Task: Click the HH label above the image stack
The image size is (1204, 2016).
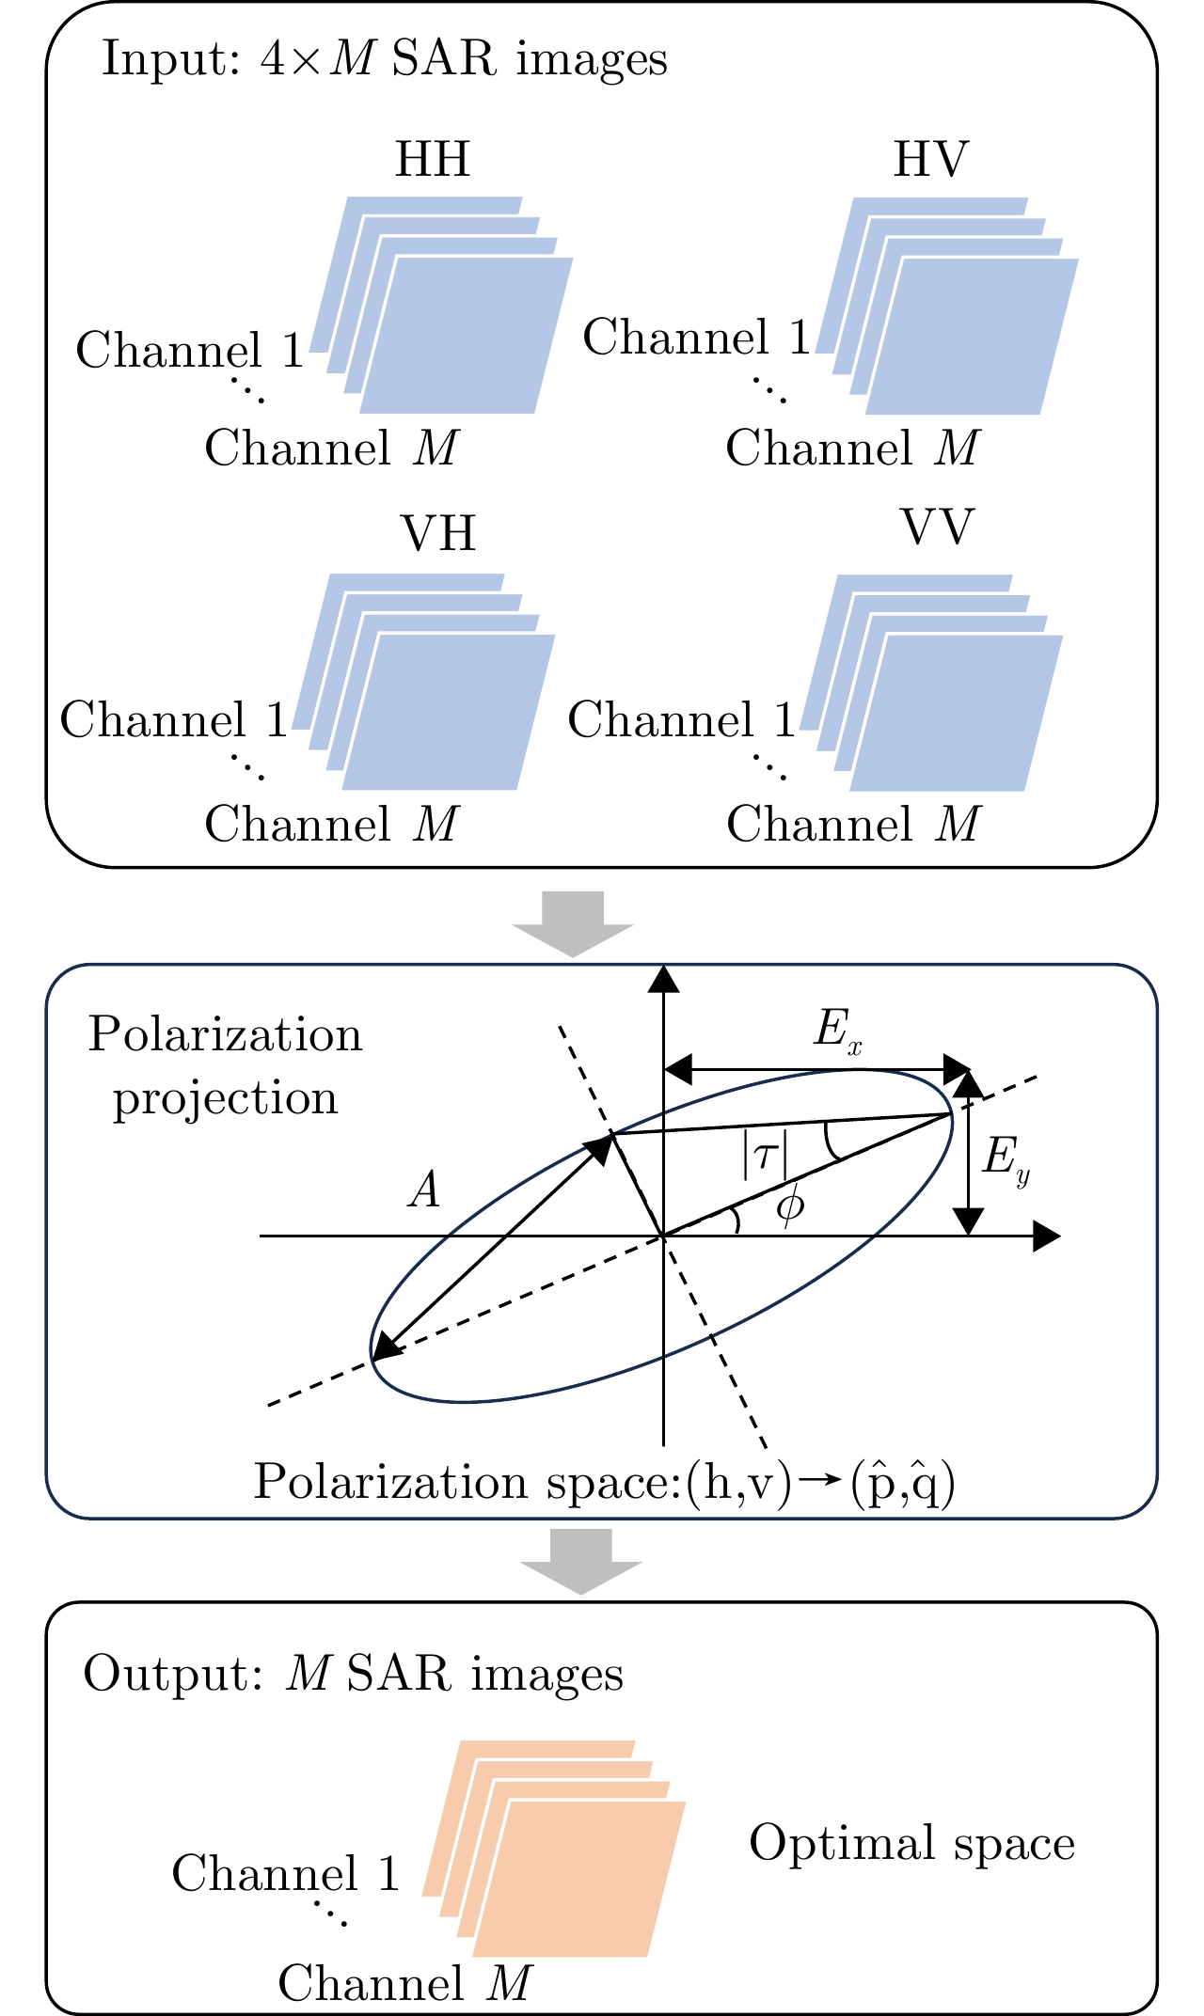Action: tap(432, 160)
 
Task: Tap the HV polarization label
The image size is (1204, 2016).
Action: tap(930, 160)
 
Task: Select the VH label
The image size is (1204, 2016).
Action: tap(439, 534)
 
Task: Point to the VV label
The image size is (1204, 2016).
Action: tap(938, 528)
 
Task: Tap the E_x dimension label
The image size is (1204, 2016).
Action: tap(837, 1032)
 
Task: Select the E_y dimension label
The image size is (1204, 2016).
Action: tap(1006, 1160)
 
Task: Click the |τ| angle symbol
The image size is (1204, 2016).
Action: tap(765, 1155)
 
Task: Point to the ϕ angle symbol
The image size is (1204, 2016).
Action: tap(790, 1205)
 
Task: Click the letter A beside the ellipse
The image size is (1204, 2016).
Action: tap(425, 1191)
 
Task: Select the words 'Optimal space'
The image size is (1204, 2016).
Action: tap(911, 1843)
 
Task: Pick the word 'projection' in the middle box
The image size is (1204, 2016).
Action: tap(225, 1099)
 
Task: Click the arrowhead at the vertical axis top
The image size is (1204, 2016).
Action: tap(664, 979)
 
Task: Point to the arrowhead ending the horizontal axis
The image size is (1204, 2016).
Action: tap(1047, 1236)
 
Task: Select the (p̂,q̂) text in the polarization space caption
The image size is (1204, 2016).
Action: tap(902, 1484)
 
